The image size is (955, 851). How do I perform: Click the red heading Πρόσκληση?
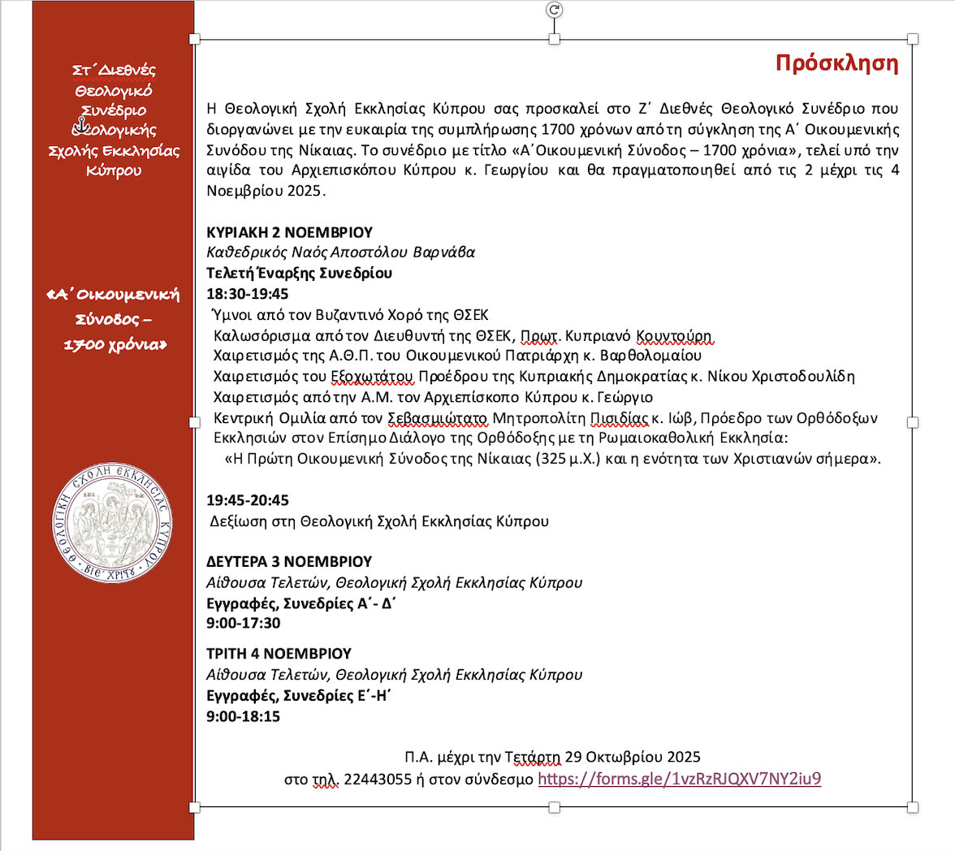836,63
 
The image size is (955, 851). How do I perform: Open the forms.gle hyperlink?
680,779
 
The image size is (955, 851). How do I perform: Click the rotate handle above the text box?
555,10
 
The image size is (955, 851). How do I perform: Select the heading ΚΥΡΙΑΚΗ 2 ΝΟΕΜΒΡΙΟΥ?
289,231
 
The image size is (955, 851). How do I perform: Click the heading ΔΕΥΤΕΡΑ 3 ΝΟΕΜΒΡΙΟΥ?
289,561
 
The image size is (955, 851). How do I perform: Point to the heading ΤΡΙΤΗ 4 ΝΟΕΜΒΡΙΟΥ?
279,653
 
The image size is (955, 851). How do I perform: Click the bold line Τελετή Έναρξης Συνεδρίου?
300,273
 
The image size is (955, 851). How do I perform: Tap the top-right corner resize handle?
913,39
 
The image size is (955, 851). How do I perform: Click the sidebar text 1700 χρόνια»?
115,344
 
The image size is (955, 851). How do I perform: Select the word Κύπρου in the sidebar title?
113,171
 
